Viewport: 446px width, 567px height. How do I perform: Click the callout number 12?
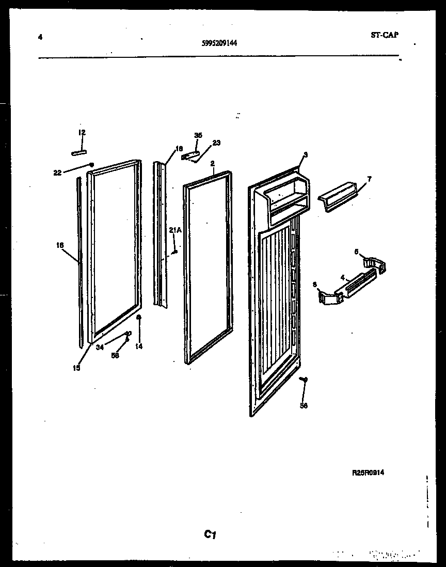[x=82, y=133]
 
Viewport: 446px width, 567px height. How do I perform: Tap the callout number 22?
[x=57, y=172]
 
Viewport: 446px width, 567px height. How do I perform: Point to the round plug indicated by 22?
[x=91, y=165]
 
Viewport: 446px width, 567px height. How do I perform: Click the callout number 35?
[x=198, y=135]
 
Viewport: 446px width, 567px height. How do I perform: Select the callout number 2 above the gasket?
[x=212, y=163]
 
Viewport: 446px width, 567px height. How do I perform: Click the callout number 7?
[x=368, y=179]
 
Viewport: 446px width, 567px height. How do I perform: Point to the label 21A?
[x=175, y=230]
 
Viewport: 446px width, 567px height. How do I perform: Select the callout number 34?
[x=100, y=347]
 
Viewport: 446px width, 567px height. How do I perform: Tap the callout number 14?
[x=138, y=347]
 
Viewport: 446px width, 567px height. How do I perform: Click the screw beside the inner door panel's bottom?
[x=304, y=380]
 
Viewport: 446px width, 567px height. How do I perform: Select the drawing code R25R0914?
[x=368, y=472]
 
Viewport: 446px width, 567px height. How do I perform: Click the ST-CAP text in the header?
[x=384, y=35]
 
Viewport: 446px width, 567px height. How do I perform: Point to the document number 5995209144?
[x=219, y=44]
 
